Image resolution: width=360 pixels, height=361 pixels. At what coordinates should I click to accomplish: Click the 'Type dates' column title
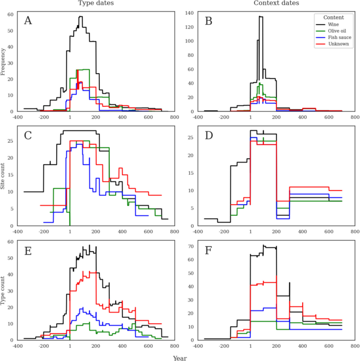96,3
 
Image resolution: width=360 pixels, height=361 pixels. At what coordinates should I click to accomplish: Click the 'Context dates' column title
276,3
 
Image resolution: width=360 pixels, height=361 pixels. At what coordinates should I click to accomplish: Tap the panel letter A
28,21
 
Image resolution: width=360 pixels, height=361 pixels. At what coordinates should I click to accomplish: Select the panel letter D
209,136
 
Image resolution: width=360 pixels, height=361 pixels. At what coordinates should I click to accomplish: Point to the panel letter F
208,250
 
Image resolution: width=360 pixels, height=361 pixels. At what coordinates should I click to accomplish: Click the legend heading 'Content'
334,17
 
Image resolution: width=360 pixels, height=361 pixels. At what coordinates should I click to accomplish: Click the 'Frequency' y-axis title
3,62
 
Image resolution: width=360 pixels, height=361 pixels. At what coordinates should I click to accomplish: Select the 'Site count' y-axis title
3,176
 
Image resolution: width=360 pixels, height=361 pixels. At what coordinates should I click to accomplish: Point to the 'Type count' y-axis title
3,290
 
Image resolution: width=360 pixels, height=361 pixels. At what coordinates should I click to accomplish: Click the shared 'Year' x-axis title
180,358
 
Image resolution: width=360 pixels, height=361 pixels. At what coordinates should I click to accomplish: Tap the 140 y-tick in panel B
189,13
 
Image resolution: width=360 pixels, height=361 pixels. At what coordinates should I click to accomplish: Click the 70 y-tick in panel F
191,246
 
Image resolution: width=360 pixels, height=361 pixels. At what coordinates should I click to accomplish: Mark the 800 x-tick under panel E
174,346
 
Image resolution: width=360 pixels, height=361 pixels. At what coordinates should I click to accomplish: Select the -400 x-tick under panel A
17,117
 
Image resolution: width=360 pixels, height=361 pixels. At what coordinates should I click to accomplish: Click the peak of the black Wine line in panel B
261,16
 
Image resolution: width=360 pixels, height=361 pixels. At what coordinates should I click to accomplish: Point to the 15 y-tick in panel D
191,173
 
